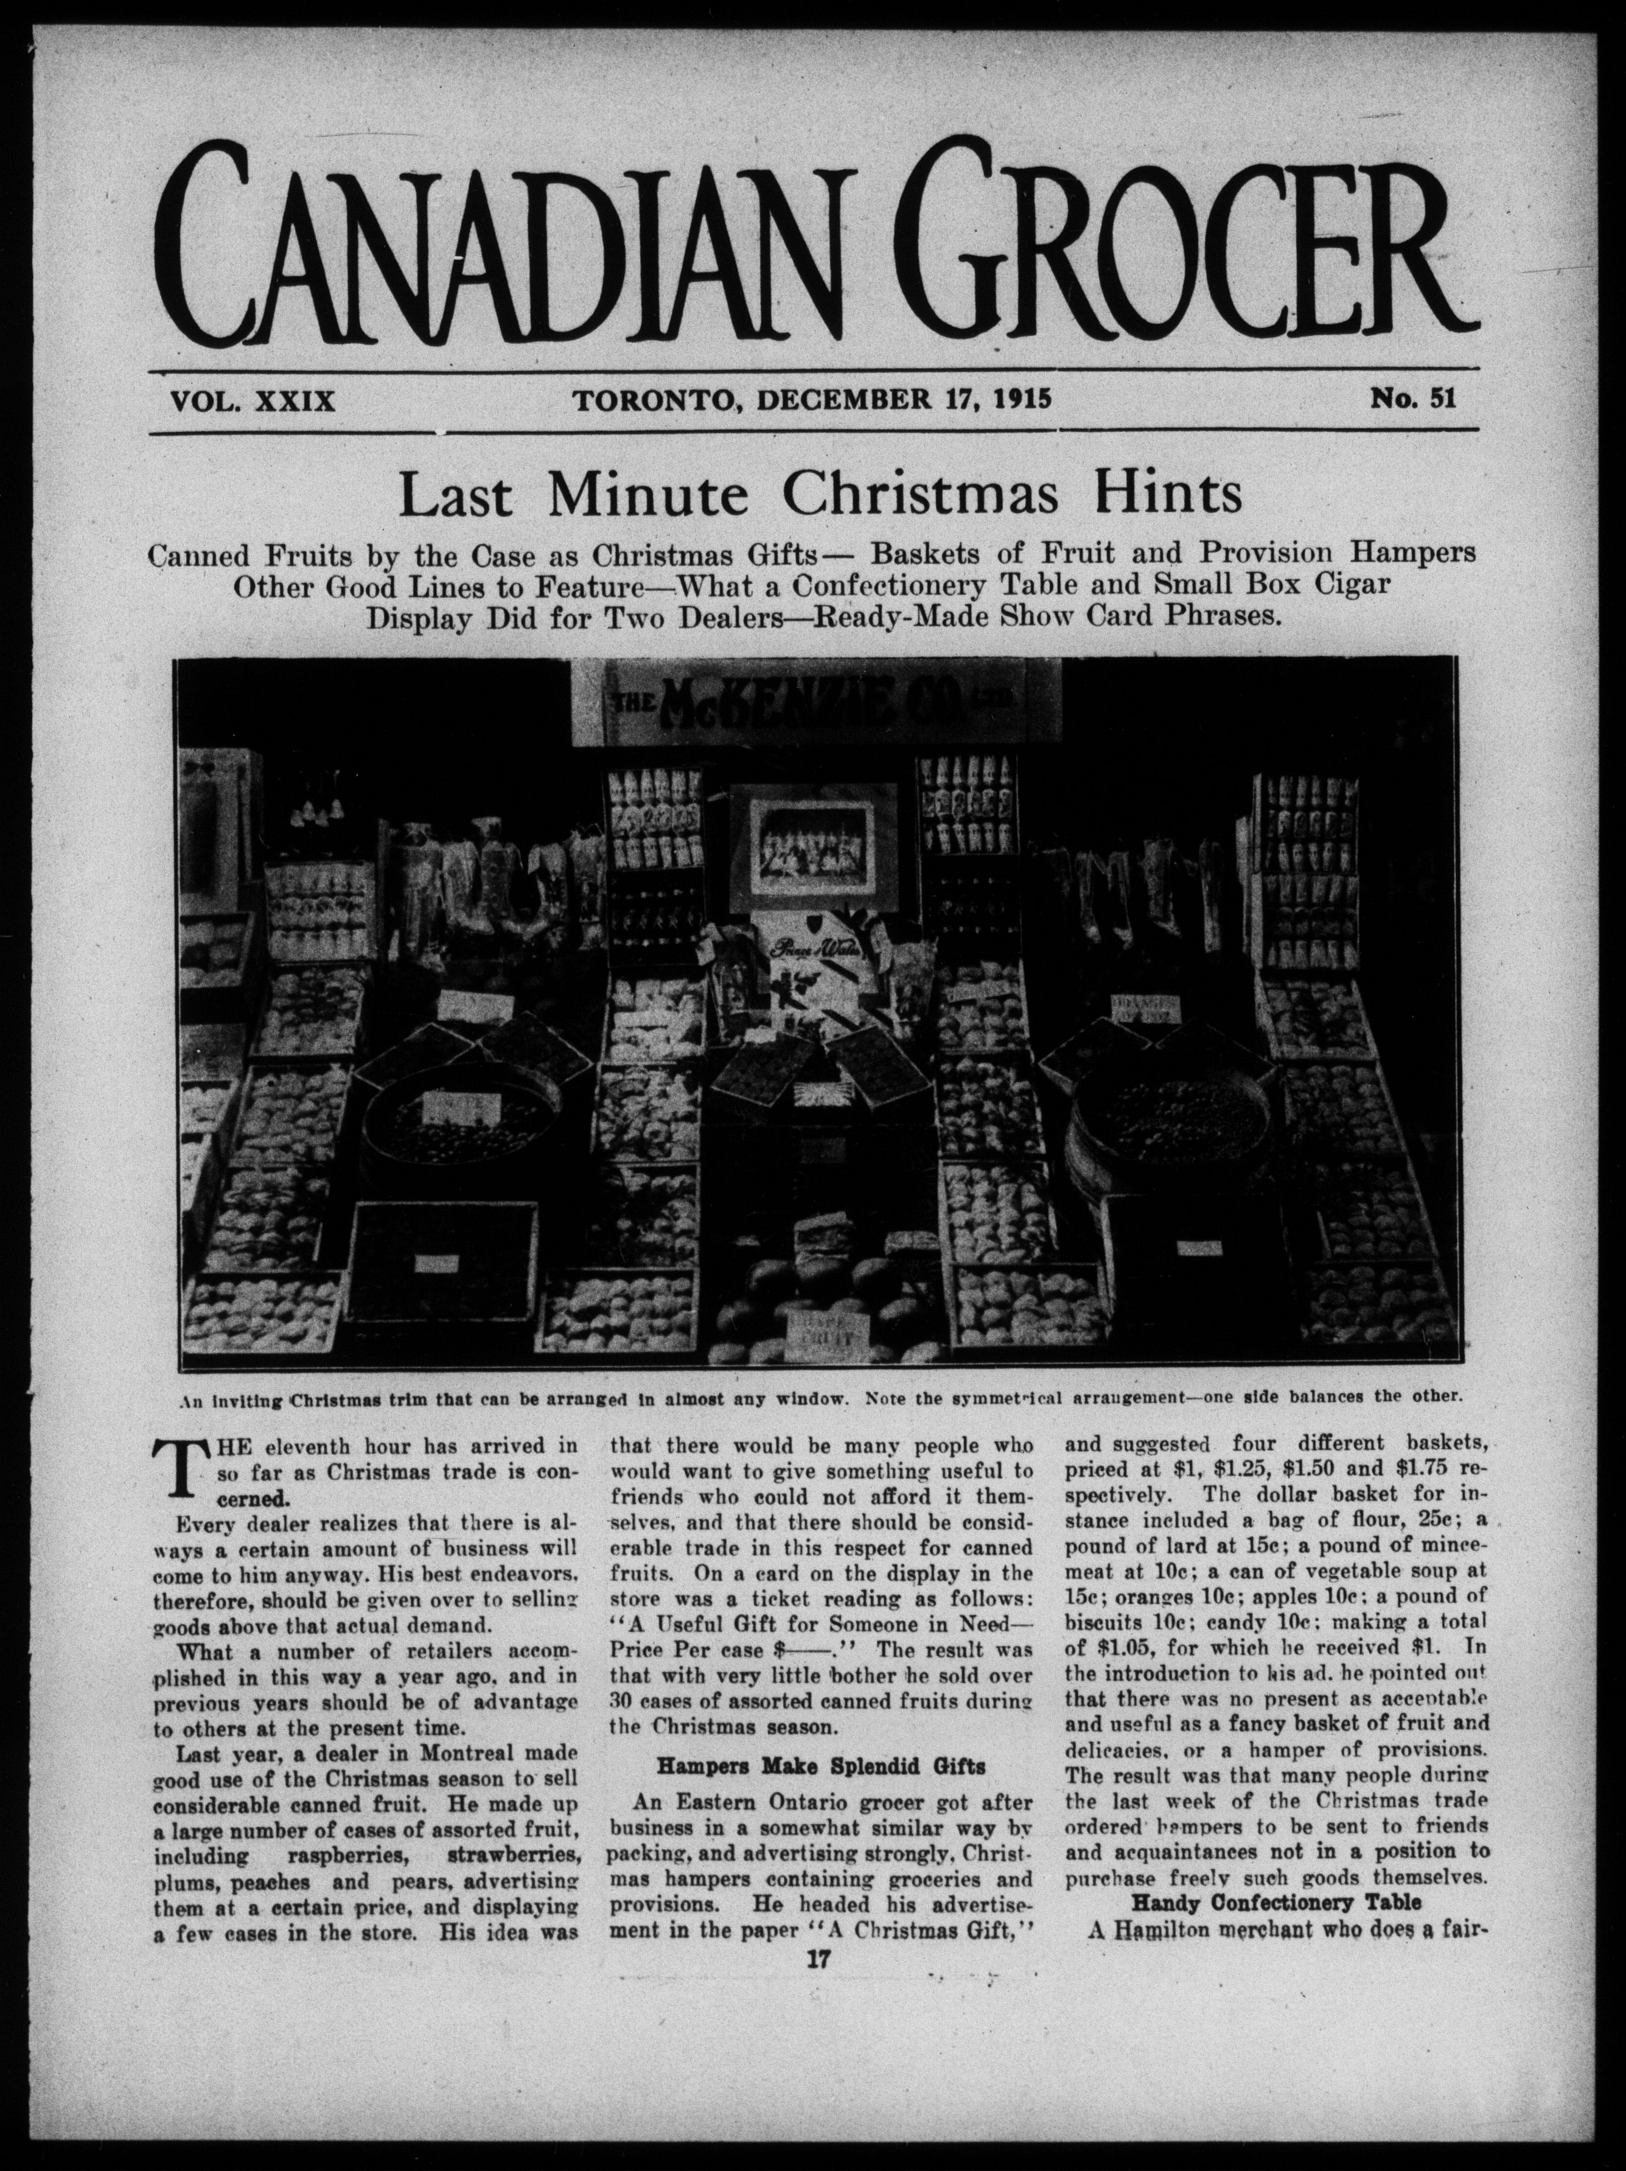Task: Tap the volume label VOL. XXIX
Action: click(x=253, y=400)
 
